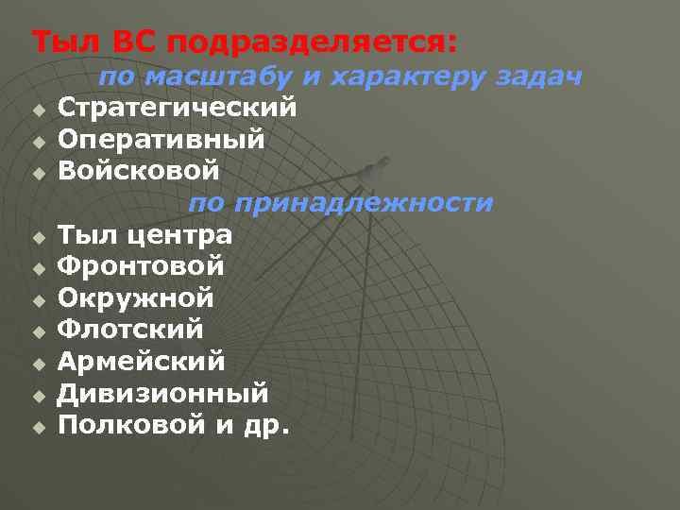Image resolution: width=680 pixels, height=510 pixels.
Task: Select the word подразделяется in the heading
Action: point(299,42)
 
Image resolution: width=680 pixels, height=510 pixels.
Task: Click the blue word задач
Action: point(538,77)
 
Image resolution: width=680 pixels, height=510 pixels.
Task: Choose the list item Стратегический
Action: point(178,108)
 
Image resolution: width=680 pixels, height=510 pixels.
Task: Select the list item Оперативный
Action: point(161,140)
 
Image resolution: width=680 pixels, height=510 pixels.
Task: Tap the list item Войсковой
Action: point(139,171)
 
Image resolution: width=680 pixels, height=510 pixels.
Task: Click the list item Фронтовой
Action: point(141,266)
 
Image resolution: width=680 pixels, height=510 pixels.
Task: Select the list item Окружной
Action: point(136,298)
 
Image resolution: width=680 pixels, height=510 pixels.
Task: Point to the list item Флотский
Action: point(130,331)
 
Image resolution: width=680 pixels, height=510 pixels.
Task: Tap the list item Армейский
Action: point(141,362)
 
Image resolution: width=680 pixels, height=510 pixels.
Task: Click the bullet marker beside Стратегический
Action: point(38,110)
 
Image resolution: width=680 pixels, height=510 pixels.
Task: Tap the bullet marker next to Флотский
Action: point(38,332)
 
